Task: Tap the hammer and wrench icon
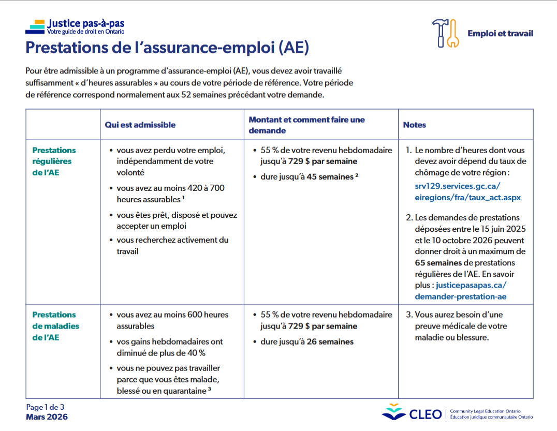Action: [445, 33]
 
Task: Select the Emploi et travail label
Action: [500, 34]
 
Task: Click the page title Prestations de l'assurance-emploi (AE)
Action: [167, 48]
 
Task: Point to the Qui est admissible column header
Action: [140, 125]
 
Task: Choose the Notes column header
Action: [415, 125]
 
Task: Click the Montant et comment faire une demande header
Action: [306, 125]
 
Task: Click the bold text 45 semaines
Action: [330, 177]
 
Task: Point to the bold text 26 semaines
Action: [330, 341]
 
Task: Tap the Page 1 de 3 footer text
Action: [45, 407]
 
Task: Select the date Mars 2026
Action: [47, 417]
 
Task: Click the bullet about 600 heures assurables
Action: [172, 320]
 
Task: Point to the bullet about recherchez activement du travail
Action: [172, 245]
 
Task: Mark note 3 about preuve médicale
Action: [458, 326]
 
